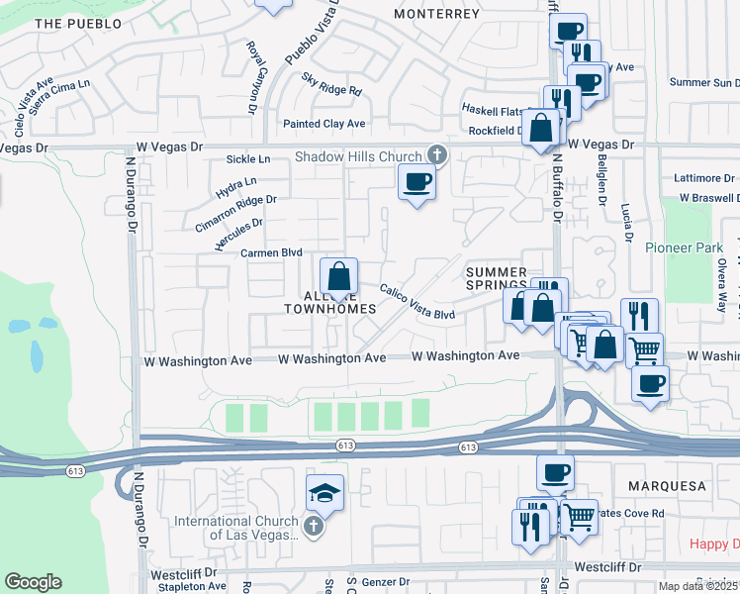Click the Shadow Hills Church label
pos(358,156)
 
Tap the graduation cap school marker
pos(324,492)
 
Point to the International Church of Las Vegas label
pos(236,528)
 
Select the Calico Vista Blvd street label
pos(417,302)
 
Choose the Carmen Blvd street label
pos(271,252)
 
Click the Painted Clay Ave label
pos(324,124)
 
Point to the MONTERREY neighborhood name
pos(436,14)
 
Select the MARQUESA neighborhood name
pos(667,486)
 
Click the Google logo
pos(33,582)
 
